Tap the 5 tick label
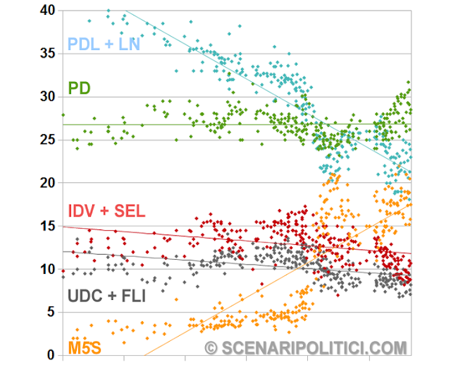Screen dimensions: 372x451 tap(51, 312)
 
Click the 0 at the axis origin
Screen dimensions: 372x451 tap(51, 355)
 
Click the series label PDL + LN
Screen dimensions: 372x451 tap(104, 45)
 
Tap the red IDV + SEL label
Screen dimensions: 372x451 tap(106, 210)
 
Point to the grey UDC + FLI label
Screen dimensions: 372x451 tap(106, 296)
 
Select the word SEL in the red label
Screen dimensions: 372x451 tap(129, 210)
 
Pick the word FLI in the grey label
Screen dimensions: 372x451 tap(131, 296)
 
